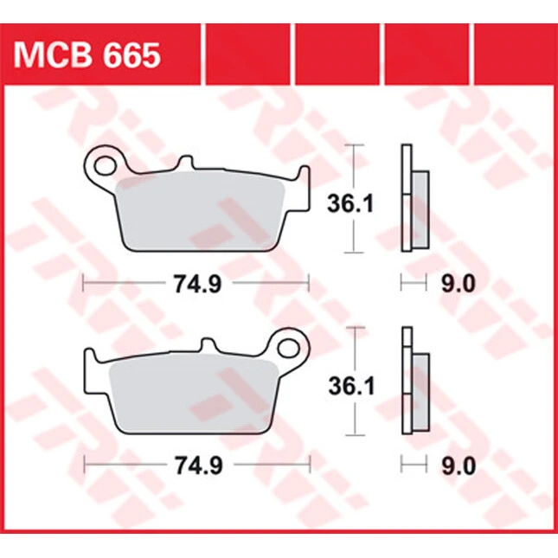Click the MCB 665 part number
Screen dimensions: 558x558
point(87,56)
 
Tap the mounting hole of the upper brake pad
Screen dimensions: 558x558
point(105,166)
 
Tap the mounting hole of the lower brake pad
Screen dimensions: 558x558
point(289,348)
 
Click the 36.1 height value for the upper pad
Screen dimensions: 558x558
point(350,204)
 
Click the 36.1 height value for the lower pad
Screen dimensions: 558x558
point(351,386)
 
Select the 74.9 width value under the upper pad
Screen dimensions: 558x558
point(198,284)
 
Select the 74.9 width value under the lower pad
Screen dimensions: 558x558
point(199,465)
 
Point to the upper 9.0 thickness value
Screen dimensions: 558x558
point(459,284)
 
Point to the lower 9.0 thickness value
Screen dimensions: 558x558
point(459,465)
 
